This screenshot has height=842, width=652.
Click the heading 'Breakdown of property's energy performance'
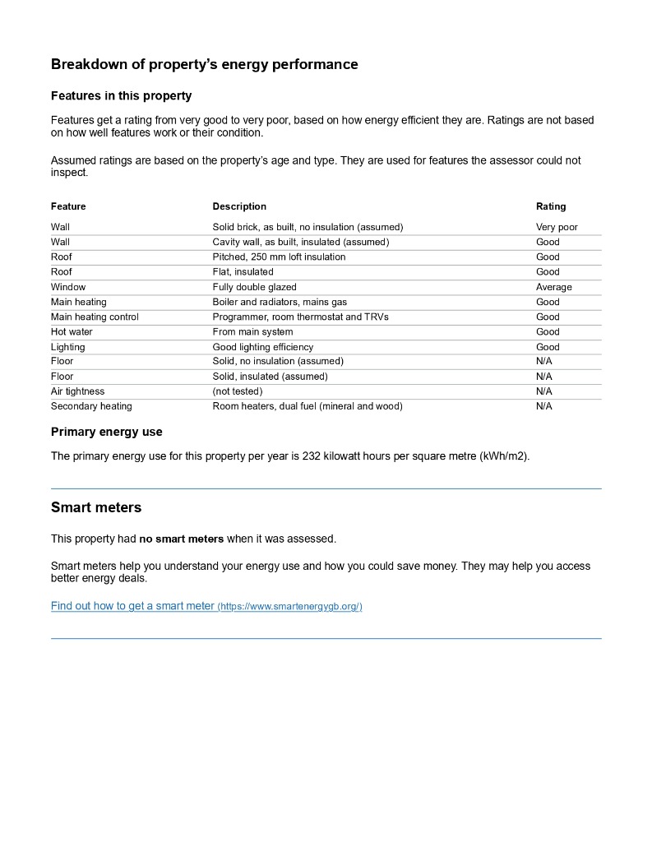[x=204, y=64]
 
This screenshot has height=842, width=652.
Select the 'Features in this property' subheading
[x=121, y=95]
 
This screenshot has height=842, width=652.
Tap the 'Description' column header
[x=239, y=206]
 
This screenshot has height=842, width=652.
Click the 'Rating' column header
[x=551, y=206]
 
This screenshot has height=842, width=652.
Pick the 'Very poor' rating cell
[x=557, y=227]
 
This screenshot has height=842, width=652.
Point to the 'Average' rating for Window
[x=553, y=287]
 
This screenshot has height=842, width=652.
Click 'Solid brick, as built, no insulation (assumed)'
[x=308, y=227]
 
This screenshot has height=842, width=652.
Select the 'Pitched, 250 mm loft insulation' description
[x=279, y=257]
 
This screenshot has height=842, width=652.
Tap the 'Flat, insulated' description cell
[x=243, y=271]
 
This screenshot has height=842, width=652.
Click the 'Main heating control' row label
[x=95, y=317]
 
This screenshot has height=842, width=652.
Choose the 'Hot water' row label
[x=72, y=331]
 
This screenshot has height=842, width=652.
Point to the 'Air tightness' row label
[x=77, y=391]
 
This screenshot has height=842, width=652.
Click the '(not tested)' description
[x=237, y=391]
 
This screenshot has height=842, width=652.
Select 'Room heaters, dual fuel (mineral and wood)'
[x=308, y=406]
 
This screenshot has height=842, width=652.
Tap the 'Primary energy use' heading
[x=107, y=432]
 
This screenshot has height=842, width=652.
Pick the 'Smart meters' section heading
[x=96, y=507]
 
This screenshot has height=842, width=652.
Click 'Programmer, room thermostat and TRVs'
[x=300, y=317]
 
